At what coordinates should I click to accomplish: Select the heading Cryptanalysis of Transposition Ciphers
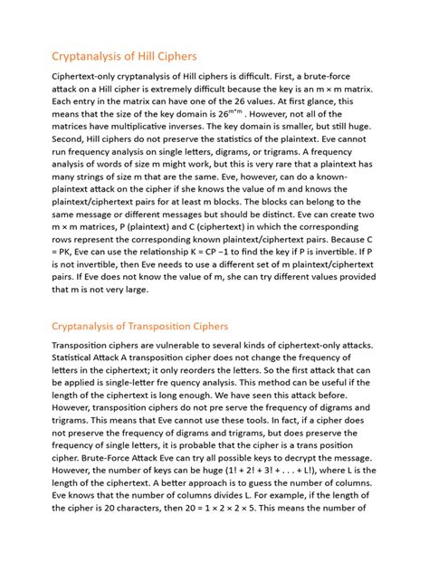152,326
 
